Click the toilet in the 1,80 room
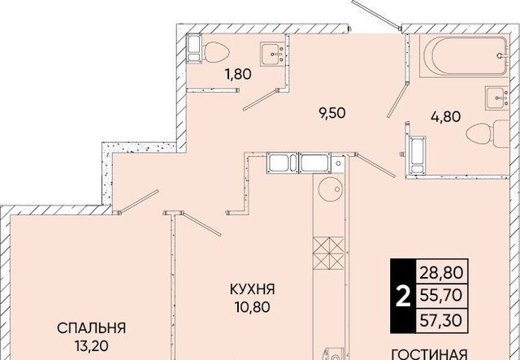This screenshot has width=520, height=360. click(x=217, y=52)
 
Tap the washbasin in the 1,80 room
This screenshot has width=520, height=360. click(x=273, y=54)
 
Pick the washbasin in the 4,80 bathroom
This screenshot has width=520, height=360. click(x=496, y=98)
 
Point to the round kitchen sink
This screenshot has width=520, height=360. click(x=329, y=189)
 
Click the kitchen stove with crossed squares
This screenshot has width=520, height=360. click(x=328, y=254)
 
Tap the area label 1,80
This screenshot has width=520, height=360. click(x=238, y=74)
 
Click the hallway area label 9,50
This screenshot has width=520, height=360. click(x=332, y=113)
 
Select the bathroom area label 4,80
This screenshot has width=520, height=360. click(x=445, y=117)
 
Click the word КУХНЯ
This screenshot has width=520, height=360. click(x=253, y=289)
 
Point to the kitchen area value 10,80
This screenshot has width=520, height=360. click(x=253, y=307)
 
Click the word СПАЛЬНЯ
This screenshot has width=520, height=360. click(x=91, y=328)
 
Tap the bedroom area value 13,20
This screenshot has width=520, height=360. click(x=92, y=346)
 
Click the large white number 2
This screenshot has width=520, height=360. click(x=403, y=297)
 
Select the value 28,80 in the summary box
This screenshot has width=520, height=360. click(x=441, y=273)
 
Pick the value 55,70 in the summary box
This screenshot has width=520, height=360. click(x=441, y=295)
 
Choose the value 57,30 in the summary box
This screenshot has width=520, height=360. click(x=441, y=320)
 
